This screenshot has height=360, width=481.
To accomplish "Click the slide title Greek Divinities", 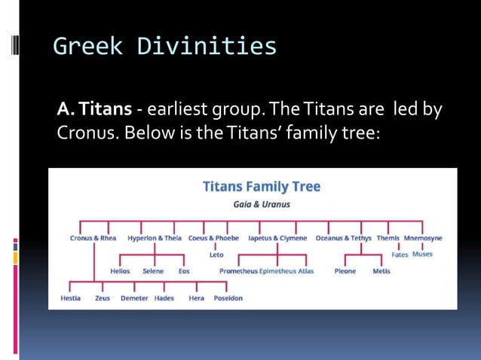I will coord(164,47).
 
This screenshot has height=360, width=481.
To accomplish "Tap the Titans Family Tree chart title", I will coord(262,187).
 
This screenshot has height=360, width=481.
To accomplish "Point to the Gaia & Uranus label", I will coord(262,204).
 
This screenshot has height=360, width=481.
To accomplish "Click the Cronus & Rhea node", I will coord(93,238).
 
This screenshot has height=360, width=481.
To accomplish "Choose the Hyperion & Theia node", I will coord(155,238).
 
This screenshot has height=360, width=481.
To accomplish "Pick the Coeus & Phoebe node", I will coord(213,238).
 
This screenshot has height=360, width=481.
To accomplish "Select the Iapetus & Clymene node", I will coord(278,238).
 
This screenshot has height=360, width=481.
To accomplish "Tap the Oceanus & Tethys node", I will coord(344,238).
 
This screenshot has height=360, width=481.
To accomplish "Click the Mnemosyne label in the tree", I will coord(423,238).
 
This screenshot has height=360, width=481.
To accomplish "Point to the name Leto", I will coord(216,255).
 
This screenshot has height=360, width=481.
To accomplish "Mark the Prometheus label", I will coord(238,271).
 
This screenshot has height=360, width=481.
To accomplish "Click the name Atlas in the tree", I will coord(305,271).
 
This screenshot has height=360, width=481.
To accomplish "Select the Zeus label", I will coord(103,298).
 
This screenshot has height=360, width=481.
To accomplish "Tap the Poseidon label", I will coord(227,298).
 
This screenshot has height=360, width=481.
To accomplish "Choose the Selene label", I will coord(153,271).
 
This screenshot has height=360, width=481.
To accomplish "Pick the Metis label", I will coord(381,271).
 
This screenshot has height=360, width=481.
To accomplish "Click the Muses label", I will coord(422,255).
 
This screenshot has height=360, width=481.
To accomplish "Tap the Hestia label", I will coord(70,298).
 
